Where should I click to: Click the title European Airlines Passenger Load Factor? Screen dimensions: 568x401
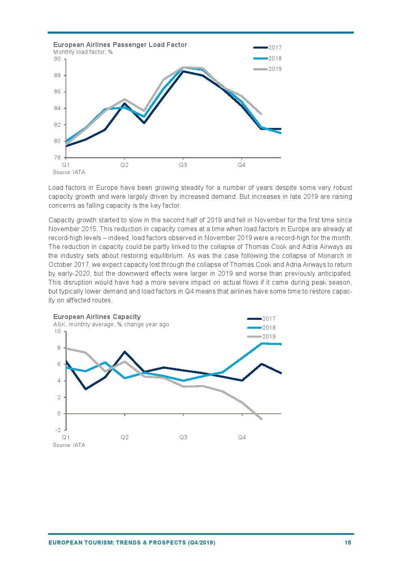pos(120,45)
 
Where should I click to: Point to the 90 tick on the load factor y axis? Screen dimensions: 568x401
pos(57,59)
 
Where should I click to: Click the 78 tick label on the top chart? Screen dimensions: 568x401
pos(57,157)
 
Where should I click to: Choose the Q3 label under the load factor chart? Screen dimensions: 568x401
pos(183,165)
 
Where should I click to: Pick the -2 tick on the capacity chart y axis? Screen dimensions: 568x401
pos(57,430)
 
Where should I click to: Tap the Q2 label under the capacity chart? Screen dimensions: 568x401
pos(125,437)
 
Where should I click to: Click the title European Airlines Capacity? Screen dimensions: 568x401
pos(97,317)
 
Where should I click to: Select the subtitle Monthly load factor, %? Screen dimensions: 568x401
pos(83,52)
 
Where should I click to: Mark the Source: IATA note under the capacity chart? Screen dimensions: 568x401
pos(69,445)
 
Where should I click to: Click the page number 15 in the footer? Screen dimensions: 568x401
pos(348,542)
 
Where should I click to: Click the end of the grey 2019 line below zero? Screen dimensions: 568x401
pos(262,419)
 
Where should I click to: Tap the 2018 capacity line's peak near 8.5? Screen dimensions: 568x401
pos(262,343)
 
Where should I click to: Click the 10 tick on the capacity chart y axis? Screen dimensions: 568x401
pos(57,332)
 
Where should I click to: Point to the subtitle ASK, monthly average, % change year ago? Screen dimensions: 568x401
pos(111,324)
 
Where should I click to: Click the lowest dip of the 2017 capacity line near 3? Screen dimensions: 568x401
pos(86,389)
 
